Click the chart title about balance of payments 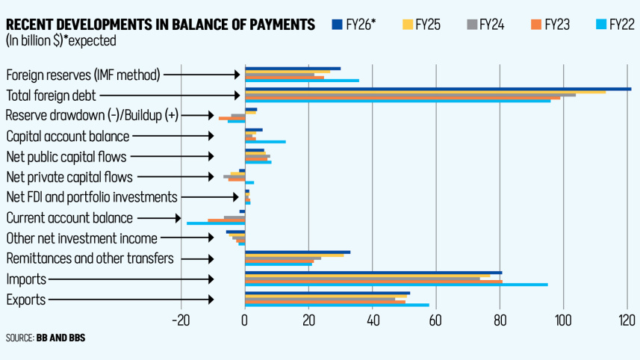click(x=160, y=25)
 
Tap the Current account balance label click(x=69, y=218)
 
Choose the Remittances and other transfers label click(x=90, y=258)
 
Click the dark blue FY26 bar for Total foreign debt click(x=438, y=89)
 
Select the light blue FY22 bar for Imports click(x=396, y=285)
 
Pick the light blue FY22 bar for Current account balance click(x=216, y=223)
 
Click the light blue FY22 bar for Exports click(x=337, y=305)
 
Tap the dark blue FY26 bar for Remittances click(x=297, y=252)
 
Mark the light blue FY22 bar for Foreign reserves click(x=302, y=80)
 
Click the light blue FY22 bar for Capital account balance click(x=265, y=141)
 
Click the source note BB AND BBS click(x=60, y=338)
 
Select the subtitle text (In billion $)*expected click(x=60, y=40)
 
